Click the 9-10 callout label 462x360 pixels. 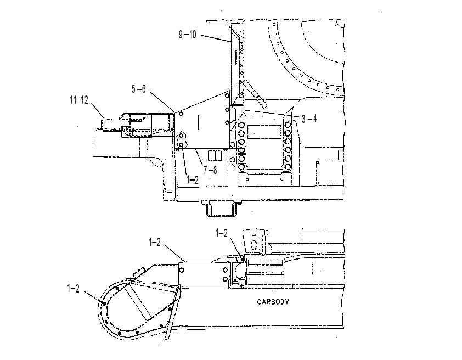pos(188,35)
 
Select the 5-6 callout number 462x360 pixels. pos(138,89)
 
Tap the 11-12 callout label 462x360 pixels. pos(79,100)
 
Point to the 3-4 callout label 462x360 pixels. pos(309,119)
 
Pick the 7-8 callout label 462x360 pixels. pos(210,170)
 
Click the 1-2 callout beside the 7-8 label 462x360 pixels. pos(193,179)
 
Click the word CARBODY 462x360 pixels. pos(273,301)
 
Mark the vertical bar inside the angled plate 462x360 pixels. pos(198,122)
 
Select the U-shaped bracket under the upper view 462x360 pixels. pos(222,209)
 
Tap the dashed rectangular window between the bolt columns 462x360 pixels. pos(264,132)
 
